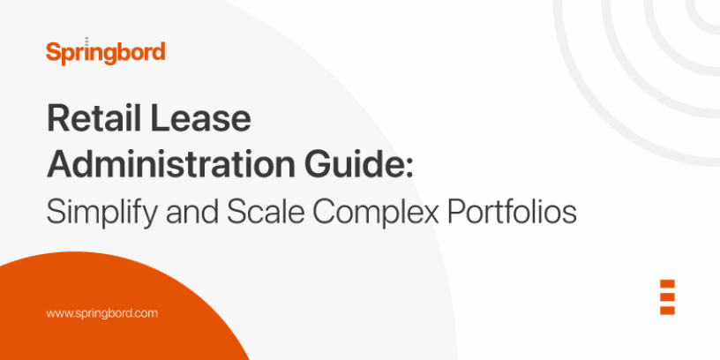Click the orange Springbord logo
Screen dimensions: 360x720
coord(105,52)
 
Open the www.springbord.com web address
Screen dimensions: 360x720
coord(101,313)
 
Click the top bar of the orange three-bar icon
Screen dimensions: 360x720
coord(667,285)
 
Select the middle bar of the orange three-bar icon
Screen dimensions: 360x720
coord(667,297)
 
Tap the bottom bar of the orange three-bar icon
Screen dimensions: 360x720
coord(667,310)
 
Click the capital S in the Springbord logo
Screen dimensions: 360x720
coord(52,51)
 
